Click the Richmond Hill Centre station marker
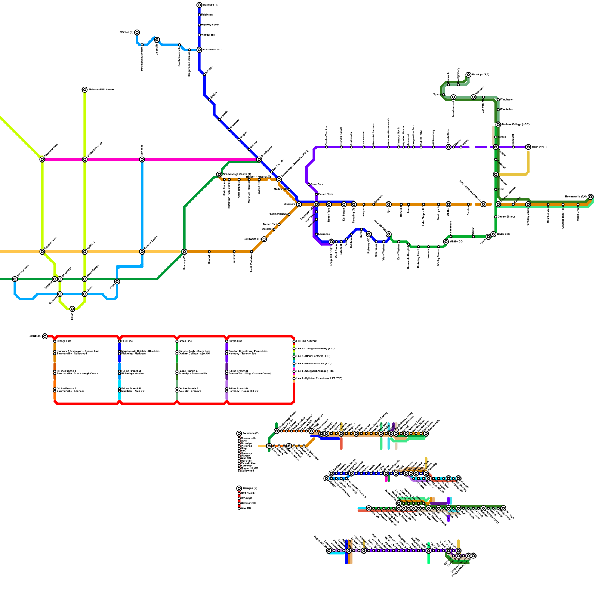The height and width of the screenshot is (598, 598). tap(85, 90)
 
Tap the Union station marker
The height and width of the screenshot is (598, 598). tap(72, 309)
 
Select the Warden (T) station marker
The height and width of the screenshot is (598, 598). tap(137, 33)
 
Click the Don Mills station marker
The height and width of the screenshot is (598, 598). tap(142, 160)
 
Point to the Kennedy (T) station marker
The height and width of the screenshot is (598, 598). tap(184, 252)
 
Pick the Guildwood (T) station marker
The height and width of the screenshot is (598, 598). tap(264, 239)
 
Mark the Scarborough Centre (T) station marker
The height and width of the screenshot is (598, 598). tap(219, 175)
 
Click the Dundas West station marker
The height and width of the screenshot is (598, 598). tap(15, 279)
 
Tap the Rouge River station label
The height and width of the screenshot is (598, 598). tap(326, 194)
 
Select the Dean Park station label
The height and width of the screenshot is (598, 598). tap(317, 184)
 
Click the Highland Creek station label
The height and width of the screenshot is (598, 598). tap(278, 214)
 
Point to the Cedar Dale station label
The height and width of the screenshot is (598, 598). tap(503, 234)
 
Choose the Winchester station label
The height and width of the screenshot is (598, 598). tap(507, 100)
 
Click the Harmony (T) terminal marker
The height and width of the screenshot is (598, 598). tap(528, 147)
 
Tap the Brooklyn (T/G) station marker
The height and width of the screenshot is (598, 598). tap(468, 75)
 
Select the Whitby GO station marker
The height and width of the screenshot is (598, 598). tap(446, 242)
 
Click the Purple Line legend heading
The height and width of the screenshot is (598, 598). tap(235, 341)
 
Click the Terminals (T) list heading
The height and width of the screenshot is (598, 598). tap(250, 434)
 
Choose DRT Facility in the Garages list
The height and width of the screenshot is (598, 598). tap(248, 493)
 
